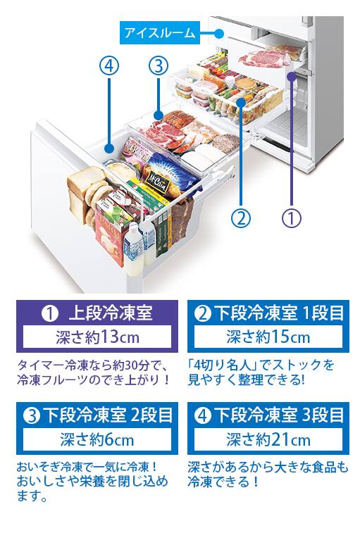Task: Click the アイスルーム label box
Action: pos(160,33)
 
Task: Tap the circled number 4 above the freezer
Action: pos(109,65)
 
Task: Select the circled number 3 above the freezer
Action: pos(159,65)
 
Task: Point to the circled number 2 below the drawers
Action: pos(241,218)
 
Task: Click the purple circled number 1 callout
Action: pos(292,218)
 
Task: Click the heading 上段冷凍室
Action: pos(110,313)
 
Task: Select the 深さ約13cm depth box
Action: pos(97,337)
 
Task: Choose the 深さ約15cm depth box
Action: pos(268,337)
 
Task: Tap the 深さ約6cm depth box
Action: pos(97,439)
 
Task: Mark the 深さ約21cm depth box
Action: pos(268,439)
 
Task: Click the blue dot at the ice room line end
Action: pos(219,33)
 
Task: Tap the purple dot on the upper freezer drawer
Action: pos(291,77)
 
